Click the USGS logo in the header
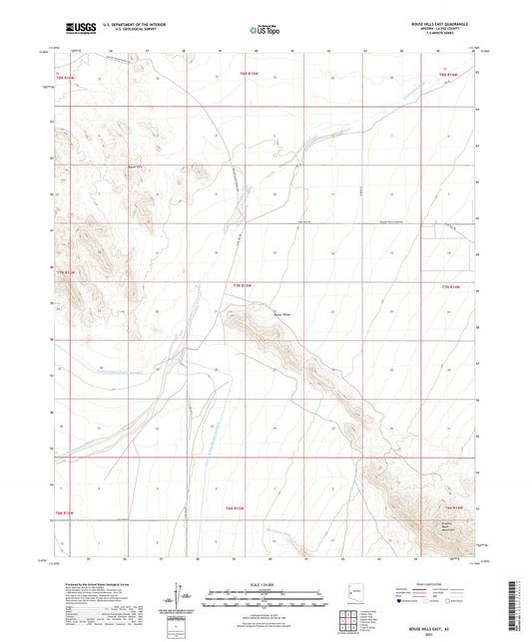tap(78, 29)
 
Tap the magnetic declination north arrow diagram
tap(177, 595)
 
